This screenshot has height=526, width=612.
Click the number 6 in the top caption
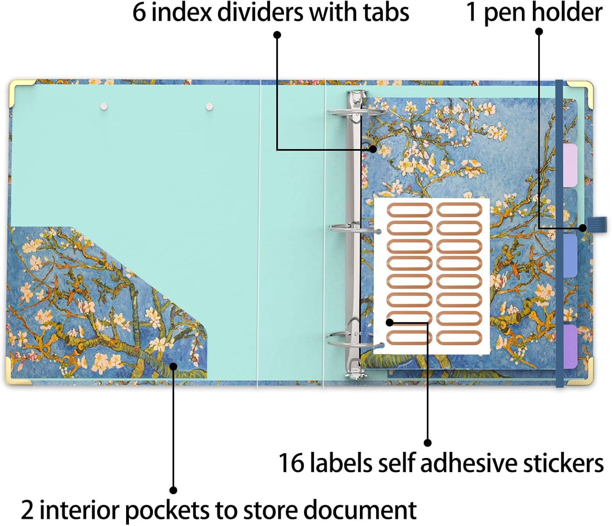(139, 13)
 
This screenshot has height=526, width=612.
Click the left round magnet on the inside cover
(104, 106)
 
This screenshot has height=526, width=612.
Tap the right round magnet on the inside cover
(209, 106)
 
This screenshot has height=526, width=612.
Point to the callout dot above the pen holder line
(539, 31)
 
